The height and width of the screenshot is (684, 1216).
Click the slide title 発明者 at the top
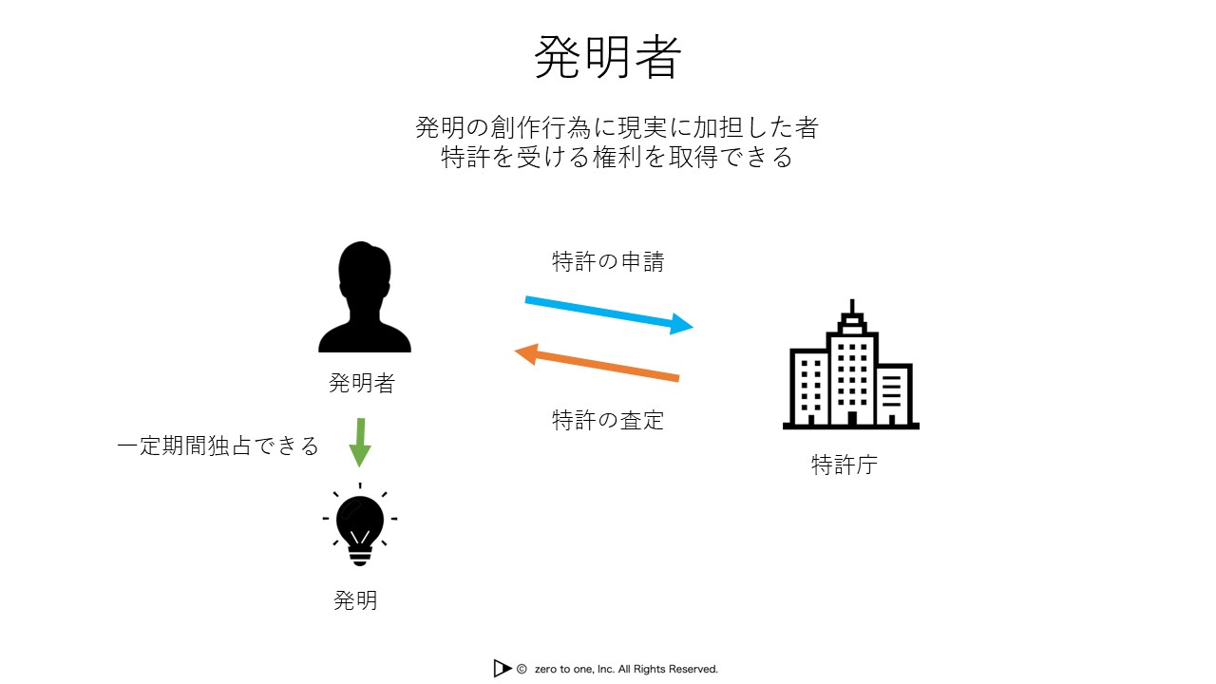pos(607,57)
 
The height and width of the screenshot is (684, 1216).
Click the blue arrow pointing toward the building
pos(609,314)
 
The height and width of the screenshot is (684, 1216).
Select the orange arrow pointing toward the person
pos(597,363)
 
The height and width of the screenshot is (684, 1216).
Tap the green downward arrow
pos(360,443)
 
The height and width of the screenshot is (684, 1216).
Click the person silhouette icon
pos(364,297)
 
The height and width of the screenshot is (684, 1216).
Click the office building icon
pos(850,365)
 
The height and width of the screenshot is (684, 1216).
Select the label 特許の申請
pos(608,261)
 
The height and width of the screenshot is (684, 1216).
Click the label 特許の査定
pos(608,420)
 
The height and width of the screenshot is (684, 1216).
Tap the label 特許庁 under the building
pos(845,465)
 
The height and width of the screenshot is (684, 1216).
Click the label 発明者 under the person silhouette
pos(362,383)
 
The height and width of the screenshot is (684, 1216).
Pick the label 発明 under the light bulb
pos(355,599)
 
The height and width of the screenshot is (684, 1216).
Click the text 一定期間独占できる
pos(218,446)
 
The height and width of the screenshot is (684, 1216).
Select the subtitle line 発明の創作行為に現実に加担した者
pos(617,127)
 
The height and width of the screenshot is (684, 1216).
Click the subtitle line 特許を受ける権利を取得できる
pos(617,158)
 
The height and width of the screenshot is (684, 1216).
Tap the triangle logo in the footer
pos(503,668)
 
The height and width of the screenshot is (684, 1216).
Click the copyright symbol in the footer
pos(522,670)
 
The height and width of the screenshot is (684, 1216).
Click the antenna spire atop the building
pos(852,306)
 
